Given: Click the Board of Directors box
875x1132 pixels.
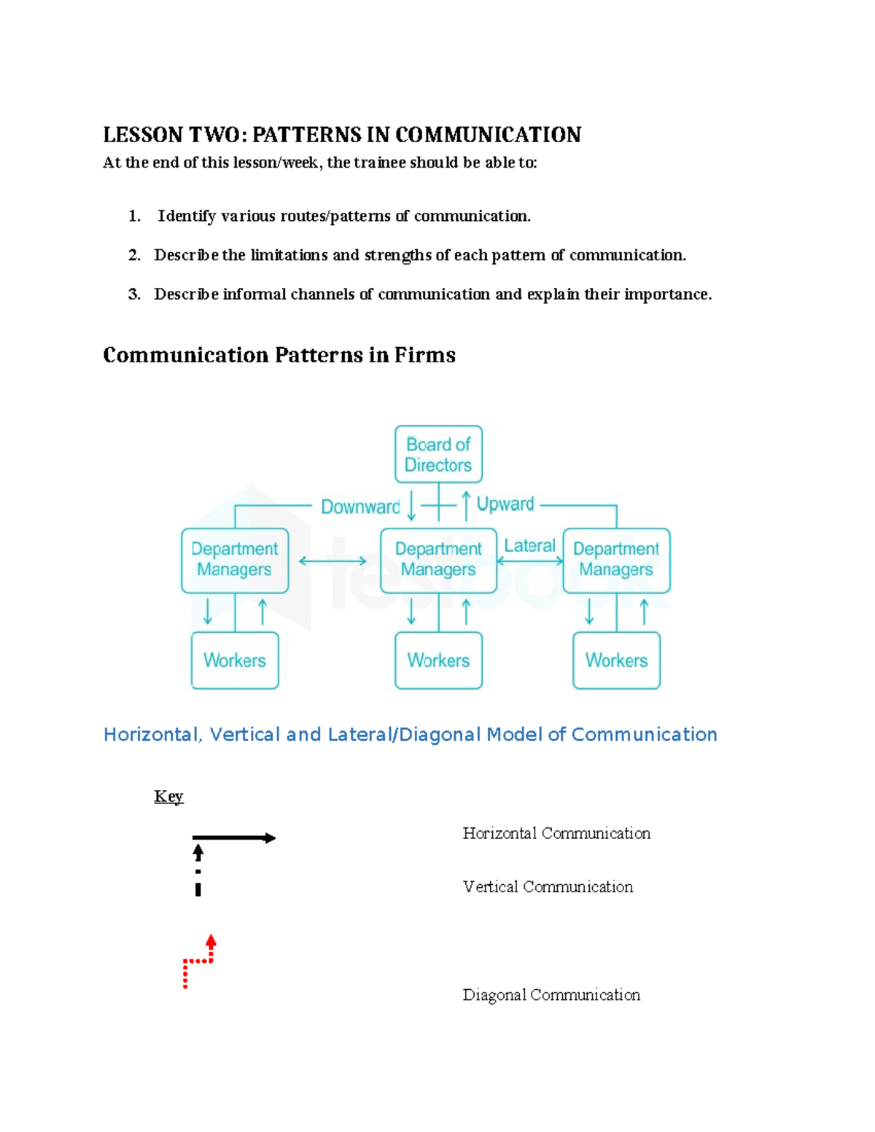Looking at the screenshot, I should [x=438, y=454].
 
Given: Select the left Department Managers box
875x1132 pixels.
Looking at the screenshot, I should [x=235, y=560].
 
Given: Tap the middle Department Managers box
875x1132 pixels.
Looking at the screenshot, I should [x=438, y=560].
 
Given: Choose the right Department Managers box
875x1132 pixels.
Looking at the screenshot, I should [x=616, y=560].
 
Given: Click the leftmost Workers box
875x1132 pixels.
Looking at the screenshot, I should [x=235, y=660].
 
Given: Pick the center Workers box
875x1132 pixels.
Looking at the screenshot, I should [x=438, y=660].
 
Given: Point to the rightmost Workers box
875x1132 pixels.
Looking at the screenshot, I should [x=616, y=660].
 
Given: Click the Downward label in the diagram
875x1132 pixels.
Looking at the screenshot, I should [x=360, y=507].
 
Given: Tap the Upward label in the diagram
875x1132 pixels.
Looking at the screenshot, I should [x=505, y=504].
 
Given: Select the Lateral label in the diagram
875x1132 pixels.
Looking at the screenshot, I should [x=529, y=545].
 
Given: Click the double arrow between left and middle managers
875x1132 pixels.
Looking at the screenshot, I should [x=332, y=561].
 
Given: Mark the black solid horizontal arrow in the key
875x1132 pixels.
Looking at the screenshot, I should [x=233, y=838].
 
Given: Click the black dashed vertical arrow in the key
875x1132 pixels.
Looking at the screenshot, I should [x=198, y=870].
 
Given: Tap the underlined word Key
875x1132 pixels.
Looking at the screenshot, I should [x=168, y=796].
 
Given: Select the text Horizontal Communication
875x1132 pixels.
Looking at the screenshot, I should [x=556, y=833].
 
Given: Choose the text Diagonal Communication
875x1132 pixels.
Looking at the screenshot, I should [x=551, y=995].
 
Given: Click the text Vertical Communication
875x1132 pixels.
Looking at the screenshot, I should [x=548, y=887].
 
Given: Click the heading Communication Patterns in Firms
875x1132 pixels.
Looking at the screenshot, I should [x=279, y=355].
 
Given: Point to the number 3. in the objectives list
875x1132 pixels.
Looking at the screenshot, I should [x=134, y=294].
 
